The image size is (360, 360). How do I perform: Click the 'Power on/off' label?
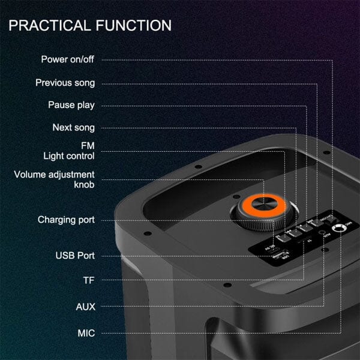click(x=68, y=59)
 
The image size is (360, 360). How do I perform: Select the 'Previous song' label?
click(x=65, y=83)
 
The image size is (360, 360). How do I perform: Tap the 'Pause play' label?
click(x=71, y=105)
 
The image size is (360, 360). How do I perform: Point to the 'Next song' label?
click(x=74, y=128)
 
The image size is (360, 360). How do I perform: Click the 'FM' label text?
click(x=88, y=146)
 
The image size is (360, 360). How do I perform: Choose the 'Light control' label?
click(x=69, y=156)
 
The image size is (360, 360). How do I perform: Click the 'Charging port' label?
click(x=66, y=220)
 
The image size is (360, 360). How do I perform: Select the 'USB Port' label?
click(x=75, y=256)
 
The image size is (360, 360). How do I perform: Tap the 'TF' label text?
click(x=89, y=280)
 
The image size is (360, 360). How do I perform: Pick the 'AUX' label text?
click(x=86, y=307)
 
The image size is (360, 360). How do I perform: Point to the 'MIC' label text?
click(x=86, y=332)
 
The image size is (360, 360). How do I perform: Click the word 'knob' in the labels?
click(x=84, y=185)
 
